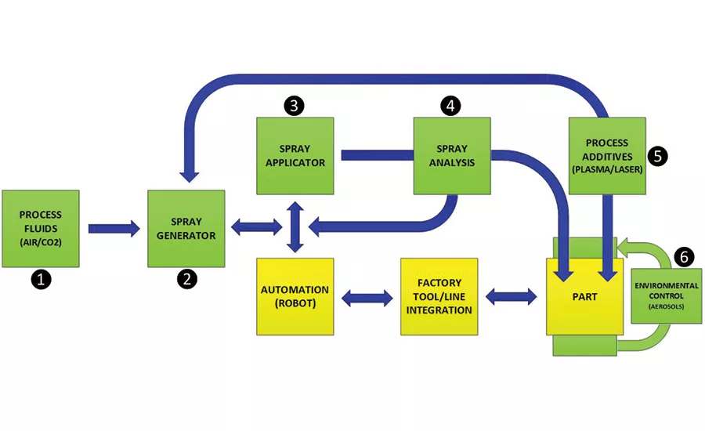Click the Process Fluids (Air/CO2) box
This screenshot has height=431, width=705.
pyautogui.click(x=41, y=228)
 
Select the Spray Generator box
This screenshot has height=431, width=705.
pyautogui.click(x=186, y=228)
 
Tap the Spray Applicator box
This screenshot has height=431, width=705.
pyautogui.click(x=295, y=156)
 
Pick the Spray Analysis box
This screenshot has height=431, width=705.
pyautogui.click(x=452, y=156)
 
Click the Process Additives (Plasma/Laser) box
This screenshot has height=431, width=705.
pyautogui.click(x=607, y=156)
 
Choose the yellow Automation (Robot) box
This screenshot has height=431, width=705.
pyautogui.click(x=295, y=296)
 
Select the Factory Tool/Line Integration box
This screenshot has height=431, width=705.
pyautogui.click(x=439, y=296)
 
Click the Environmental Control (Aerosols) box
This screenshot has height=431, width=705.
pyautogui.click(x=666, y=295)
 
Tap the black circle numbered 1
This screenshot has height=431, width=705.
pyautogui.click(x=41, y=279)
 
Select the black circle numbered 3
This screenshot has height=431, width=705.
pyautogui.click(x=295, y=106)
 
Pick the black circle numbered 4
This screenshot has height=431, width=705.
pyautogui.click(x=450, y=106)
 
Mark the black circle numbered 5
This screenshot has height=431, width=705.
pyautogui.click(x=659, y=156)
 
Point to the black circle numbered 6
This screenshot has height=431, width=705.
pyautogui.click(x=684, y=256)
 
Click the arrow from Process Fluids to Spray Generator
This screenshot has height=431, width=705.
pyautogui.click(x=113, y=228)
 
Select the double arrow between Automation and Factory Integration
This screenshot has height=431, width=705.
pyautogui.click(x=367, y=297)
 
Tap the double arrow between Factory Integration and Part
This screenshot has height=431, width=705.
pyautogui.click(x=511, y=297)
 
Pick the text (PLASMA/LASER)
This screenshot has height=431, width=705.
pyautogui.click(x=607, y=168)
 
